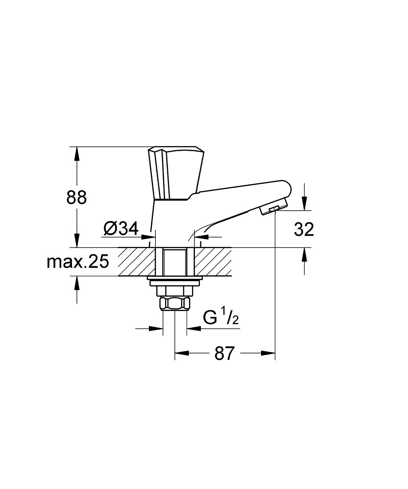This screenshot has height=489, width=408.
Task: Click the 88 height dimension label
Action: (76, 198)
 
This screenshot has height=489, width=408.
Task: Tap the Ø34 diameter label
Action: (121, 228)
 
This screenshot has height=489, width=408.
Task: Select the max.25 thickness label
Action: (78, 262)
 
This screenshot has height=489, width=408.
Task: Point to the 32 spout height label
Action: (304, 229)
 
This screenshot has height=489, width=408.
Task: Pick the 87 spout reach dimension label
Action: (224, 354)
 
